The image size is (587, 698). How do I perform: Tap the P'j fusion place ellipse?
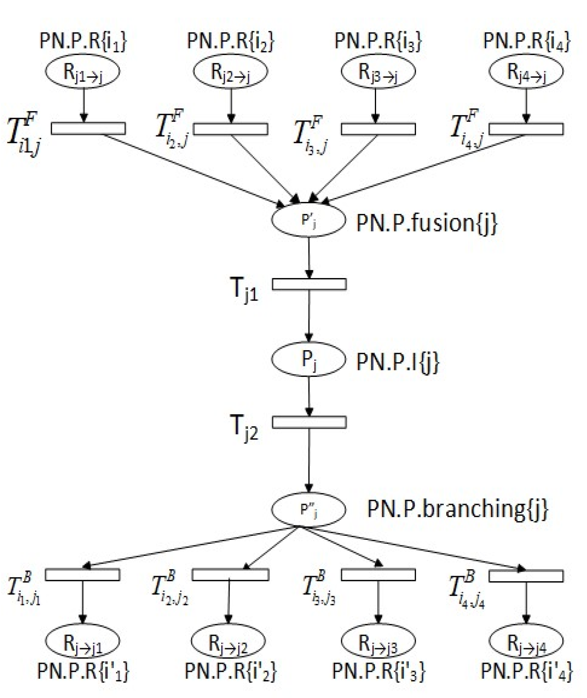click(309, 220)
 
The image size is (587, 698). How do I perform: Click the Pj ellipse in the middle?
click(309, 359)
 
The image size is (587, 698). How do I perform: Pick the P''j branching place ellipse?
click(309, 509)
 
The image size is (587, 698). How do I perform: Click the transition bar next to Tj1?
click(309, 284)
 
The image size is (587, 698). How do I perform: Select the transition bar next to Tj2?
click(309, 422)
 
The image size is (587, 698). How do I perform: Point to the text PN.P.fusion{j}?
click(427, 223)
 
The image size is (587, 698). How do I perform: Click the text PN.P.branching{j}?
click(457, 509)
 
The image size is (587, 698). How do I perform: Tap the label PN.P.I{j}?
click(398, 362)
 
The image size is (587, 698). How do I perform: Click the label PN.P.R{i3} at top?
click(378, 41)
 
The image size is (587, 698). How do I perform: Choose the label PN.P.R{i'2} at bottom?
click(230, 671)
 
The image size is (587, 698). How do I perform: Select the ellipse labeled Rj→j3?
click(378, 641)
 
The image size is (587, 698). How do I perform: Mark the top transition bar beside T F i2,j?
click(230, 129)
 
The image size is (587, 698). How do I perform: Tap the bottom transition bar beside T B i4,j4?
click(526, 576)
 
